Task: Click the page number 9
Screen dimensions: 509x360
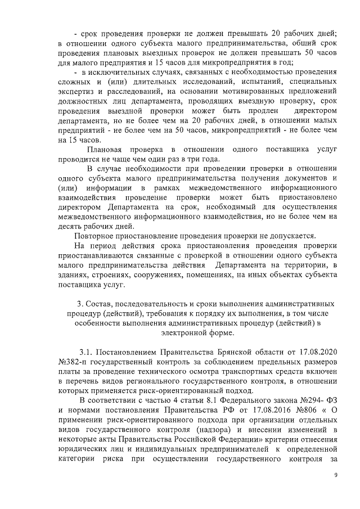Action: click(x=336, y=476)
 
